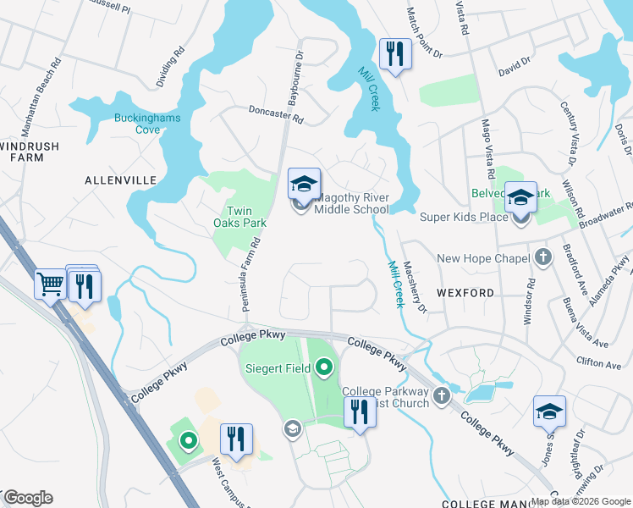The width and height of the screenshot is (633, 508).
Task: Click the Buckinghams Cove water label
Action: point(148,124)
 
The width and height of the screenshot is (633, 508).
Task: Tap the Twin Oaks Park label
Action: point(245,217)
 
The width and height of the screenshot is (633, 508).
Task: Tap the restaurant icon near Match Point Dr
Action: point(394,55)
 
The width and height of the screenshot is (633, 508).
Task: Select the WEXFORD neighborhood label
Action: point(465,293)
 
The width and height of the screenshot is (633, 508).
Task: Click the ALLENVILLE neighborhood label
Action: point(121,180)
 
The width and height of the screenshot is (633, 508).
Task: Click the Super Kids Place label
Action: point(463,218)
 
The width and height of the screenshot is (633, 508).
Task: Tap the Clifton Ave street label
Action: point(601,365)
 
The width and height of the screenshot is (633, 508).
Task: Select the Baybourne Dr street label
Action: point(297,83)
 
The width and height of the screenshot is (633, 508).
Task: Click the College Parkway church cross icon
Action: point(441,395)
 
